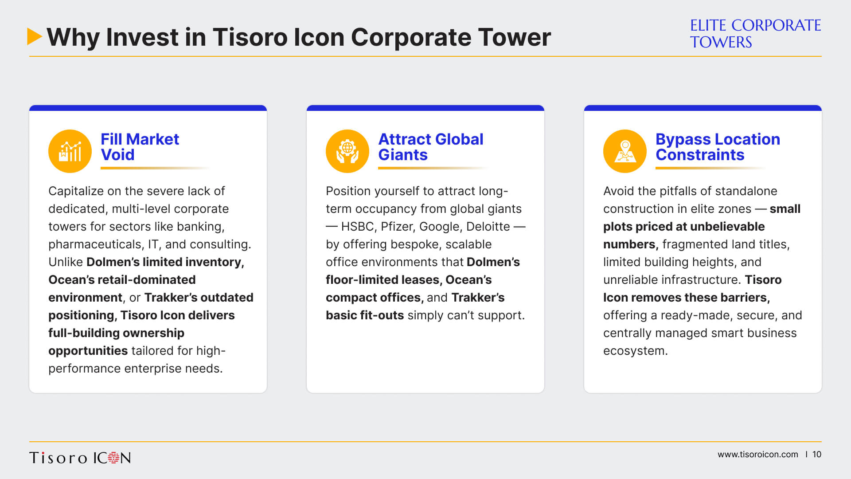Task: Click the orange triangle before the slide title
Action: [x=34, y=36]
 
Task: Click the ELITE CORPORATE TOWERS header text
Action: [x=755, y=34]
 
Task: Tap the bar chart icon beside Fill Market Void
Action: [x=70, y=151]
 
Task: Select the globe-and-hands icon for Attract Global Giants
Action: [x=347, y=151]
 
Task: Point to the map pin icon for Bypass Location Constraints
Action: [x=625, y=151]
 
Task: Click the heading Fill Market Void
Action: [x=140, y=147]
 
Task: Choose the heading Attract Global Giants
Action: [x=430, y=147]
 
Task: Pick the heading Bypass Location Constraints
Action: [x=718, y=147]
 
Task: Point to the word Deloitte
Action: [x=488, y=227]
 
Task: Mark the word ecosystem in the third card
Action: [x=635, y=351]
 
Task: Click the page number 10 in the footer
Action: [x=817, y=455]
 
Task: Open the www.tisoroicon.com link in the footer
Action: [x=758, y=455]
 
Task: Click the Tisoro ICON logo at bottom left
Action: [x=80, y=458]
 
